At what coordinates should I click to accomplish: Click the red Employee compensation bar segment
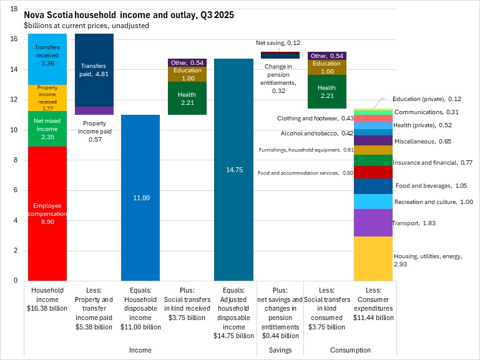point(48,187)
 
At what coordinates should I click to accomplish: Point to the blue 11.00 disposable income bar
point(140,198)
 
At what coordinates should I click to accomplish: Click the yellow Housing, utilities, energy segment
point(373,258)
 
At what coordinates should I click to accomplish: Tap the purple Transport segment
point(373,223)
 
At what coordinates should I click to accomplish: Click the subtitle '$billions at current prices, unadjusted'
point(86,26)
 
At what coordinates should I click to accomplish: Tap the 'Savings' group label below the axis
point(280,350)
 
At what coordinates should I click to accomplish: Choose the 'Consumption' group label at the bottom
point(350,350)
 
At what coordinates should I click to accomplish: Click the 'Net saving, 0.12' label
point(278,42)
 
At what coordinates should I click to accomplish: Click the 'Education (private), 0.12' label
point(428,99)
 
